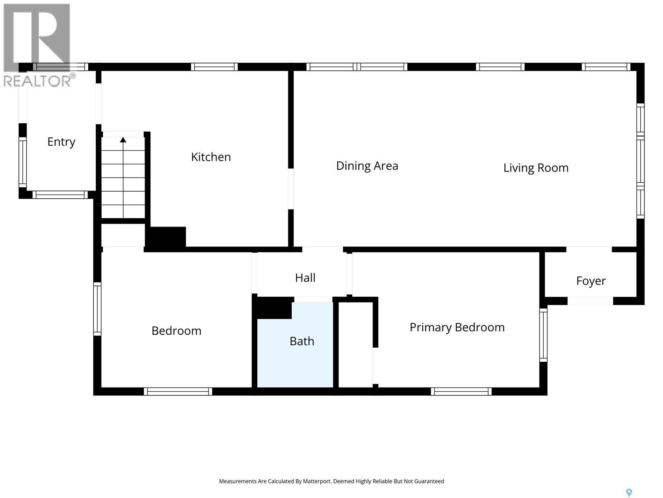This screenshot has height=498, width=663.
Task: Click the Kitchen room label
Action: pyautogui.click(x=211, y=157)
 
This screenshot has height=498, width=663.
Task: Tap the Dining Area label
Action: pyautogui.click(x=367, y=166)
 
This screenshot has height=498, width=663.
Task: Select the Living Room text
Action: pyautogui.click(x=536, y=168)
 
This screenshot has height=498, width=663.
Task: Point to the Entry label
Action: pyautogui.click(x=61, y=142)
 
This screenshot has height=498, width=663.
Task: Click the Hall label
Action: pyautogui.click(x=305, y=278)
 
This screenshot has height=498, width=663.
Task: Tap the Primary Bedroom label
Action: pyautogui.click(x=457, y=327)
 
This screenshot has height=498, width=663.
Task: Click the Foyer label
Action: pyautogui.click(x=591, y=281)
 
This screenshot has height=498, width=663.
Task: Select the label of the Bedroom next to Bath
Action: pyautogui.click(x=176, y=331)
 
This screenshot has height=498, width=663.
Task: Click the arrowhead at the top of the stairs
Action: pyautogui.click(x=123, y=140)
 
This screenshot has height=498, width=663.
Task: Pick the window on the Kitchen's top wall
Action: pyautogui.click(x=214, y=67)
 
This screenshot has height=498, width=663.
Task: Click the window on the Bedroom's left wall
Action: pyautogui.click(x=97, y=309)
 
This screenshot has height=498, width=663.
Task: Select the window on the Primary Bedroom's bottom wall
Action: pyautogui.click(x=461, y=391)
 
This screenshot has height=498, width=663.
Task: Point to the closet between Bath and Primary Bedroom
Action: pyautogui.click(x=356, y=344)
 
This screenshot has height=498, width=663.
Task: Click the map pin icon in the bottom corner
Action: pyautogui.click(x=629, y=493)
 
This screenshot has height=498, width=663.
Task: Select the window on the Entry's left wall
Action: pyautogui.click(x=22, y=162)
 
